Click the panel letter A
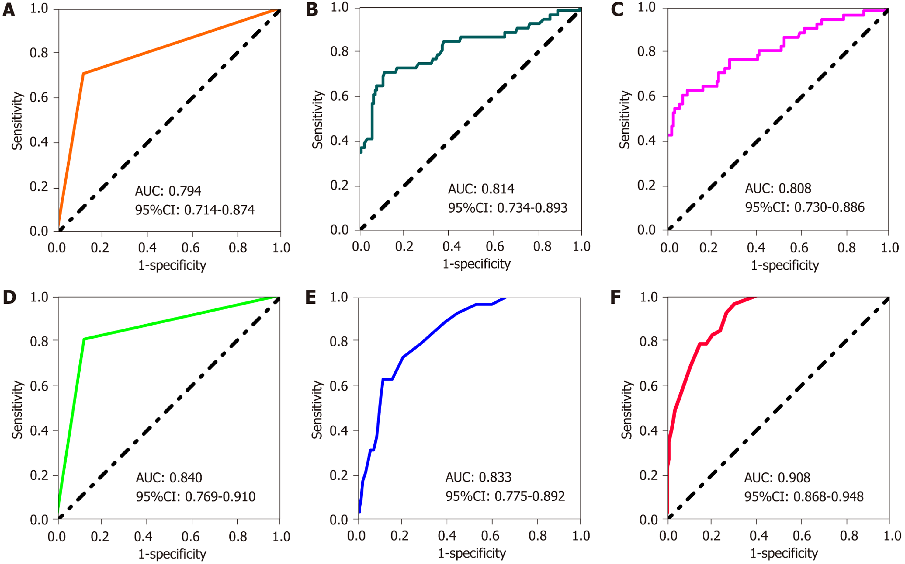click(x=9, y=10)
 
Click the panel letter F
click(x=615, y=298)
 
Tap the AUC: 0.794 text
click(x=168, y=191)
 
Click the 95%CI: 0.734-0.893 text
click(x=508, y=208)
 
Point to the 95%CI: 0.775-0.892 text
click(x=505, y=496)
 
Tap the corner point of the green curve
click(x=84, y=339)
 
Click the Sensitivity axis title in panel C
click(x=624, y=119)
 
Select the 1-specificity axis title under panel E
click(x=472, y=553)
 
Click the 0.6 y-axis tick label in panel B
click(x=339, y=96)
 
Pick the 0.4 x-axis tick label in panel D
click(x=144, y=536)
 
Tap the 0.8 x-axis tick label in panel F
click(x=849, y=536)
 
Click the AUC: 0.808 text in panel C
click(x=778, y=188)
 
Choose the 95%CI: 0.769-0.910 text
click(x=196, y=496)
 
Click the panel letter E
click(x=310, y=298)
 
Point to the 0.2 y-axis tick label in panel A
click(x=39, y=186)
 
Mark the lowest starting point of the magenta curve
click(x=669, y=135)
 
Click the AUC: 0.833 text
click(x=478, y=477)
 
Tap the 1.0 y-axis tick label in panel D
click(x=39, y=297)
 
